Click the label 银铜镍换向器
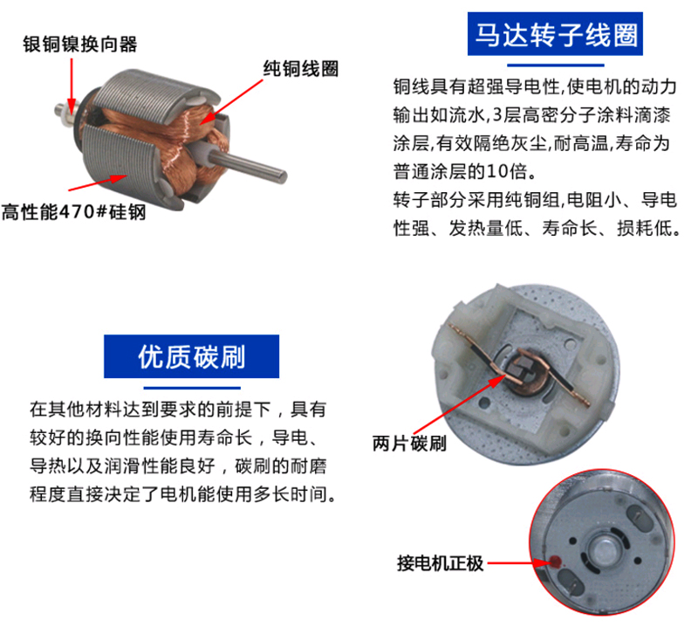click(80, 45)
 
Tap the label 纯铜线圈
click(301, 69)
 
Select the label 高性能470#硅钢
click(73, 211)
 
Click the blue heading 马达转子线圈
click(555, 34)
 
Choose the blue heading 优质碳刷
click(191, 356)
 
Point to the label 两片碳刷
click(409, 444)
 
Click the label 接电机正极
click(441, 563)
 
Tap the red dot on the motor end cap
click(556, 562)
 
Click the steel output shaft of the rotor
click(248, 163)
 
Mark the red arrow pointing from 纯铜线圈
click(231, 101)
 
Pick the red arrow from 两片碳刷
click(460, 404)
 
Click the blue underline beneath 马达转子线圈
click(556, 65)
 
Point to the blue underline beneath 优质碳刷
click(192, 388)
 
